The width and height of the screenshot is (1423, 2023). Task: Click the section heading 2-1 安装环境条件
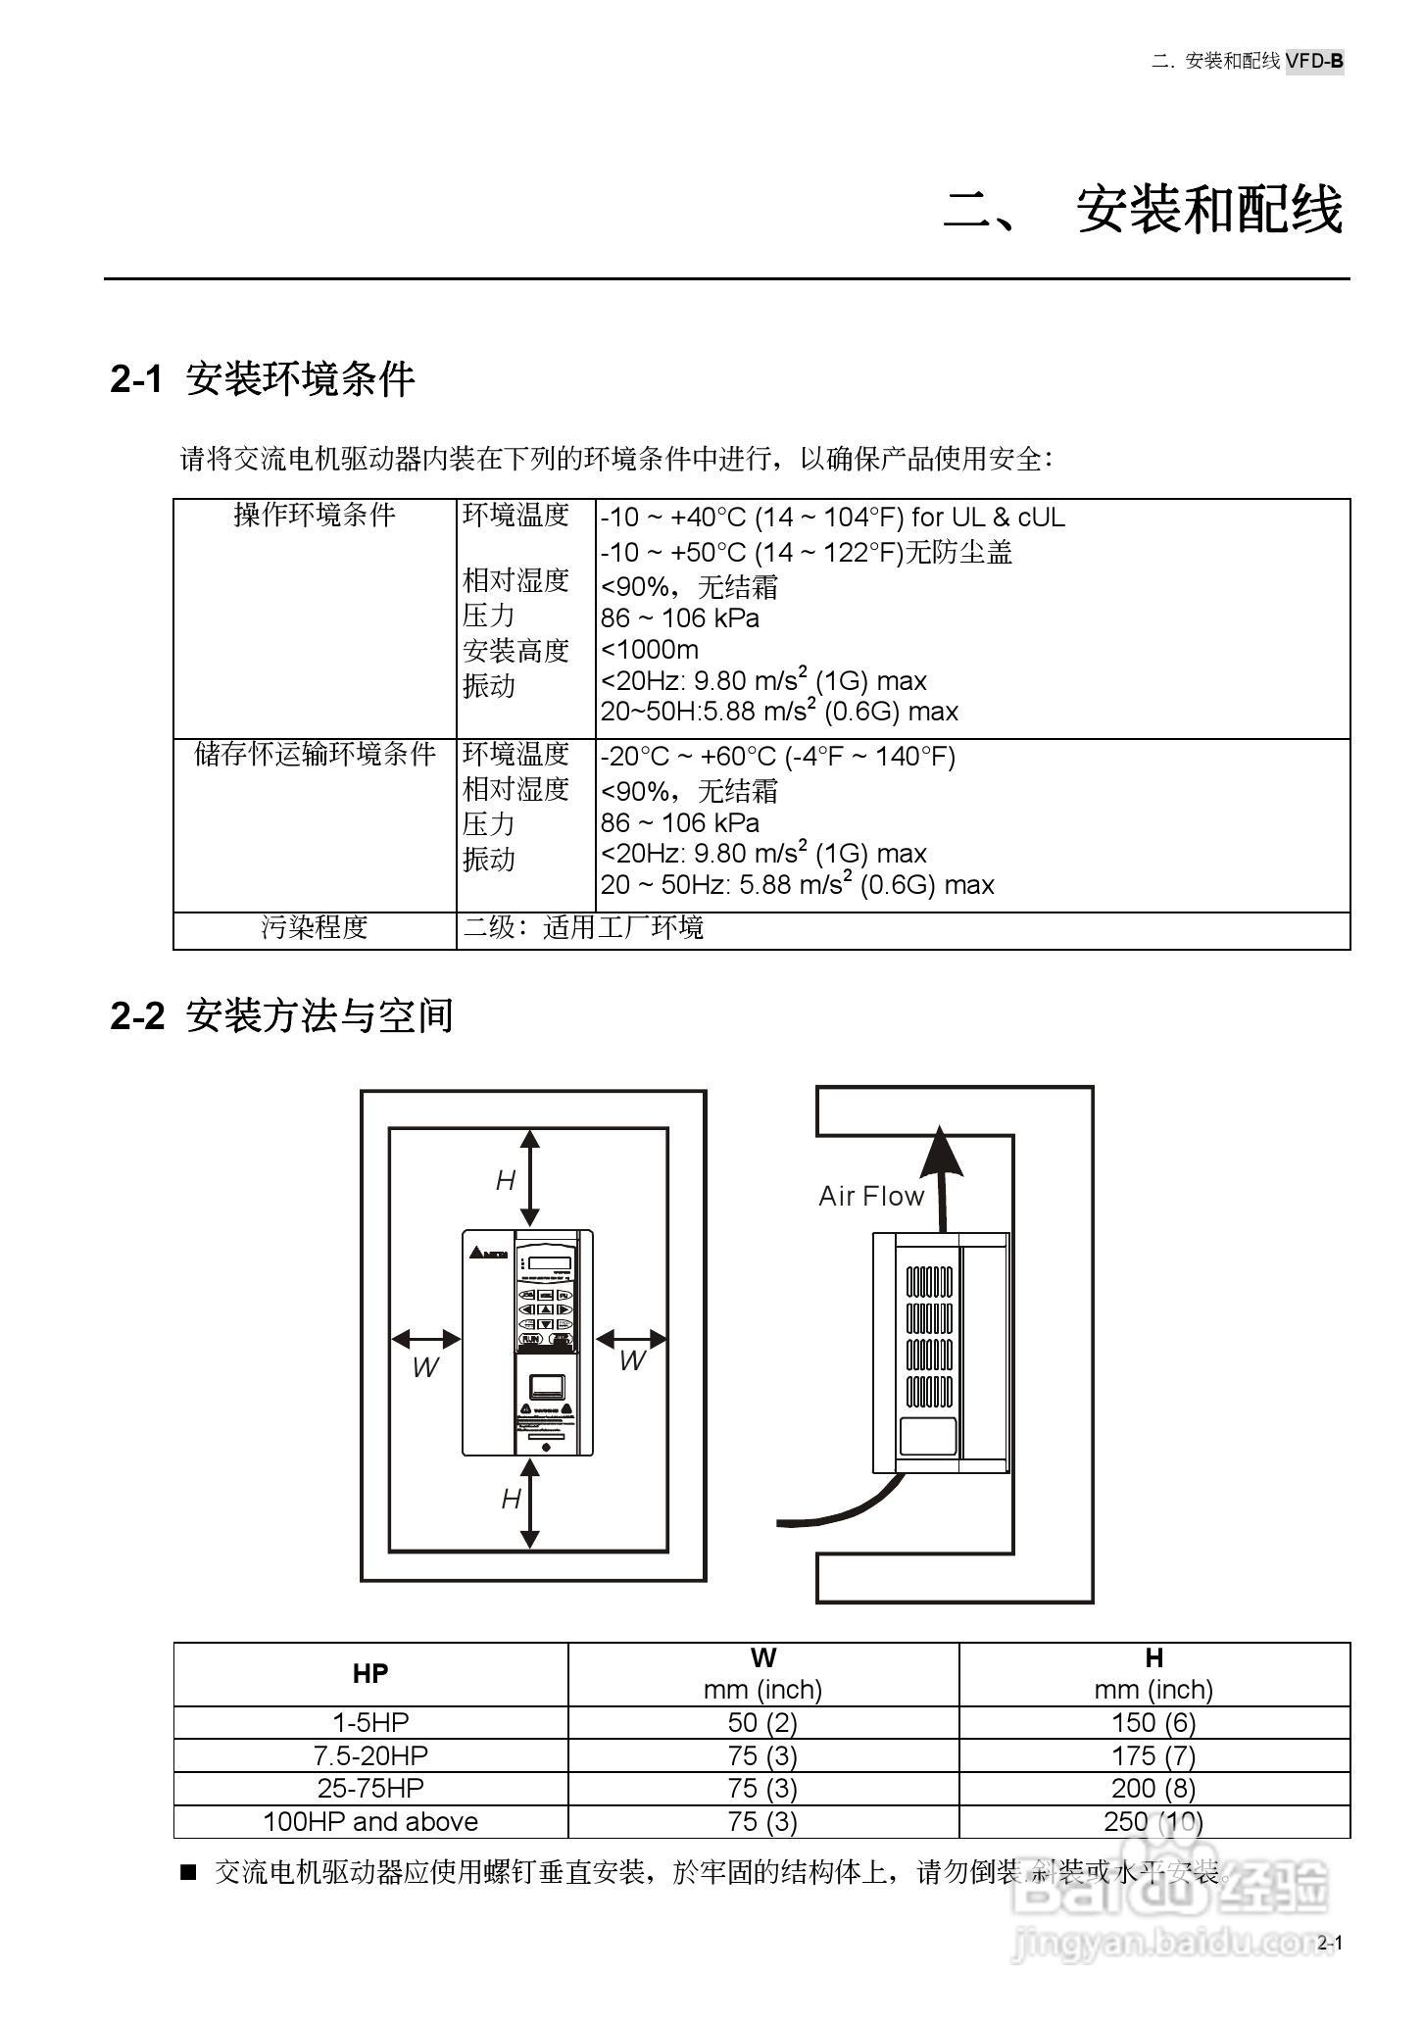[263, 379]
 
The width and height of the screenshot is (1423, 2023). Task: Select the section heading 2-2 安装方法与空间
[281, 1015]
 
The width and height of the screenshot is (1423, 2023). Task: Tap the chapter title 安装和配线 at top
[1208, 210]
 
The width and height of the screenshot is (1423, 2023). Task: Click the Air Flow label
[871, 1196]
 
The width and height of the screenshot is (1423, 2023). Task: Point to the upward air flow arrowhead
[941, 1150]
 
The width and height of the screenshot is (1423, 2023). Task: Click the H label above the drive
[506, 1181]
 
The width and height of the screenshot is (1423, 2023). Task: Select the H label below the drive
[511, 1499]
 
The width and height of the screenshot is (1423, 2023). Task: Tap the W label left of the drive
[425, 1368]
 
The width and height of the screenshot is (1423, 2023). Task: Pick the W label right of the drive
[632, 1360]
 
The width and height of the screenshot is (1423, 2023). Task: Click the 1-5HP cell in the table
[370, 1722]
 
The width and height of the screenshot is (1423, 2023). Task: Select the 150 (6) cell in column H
[1153, 1722]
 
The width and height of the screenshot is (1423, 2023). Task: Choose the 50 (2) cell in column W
[762, 1722]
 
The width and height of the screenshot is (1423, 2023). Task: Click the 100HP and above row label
[370, 1821]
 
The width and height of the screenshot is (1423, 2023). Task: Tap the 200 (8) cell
[1153, 1788]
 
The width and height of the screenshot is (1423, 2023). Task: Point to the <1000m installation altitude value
[650, 649]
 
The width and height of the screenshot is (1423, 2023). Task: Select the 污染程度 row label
[315, 927]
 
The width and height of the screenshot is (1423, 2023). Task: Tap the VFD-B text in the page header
[1314, 61]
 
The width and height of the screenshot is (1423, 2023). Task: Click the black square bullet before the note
[188, 1873]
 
